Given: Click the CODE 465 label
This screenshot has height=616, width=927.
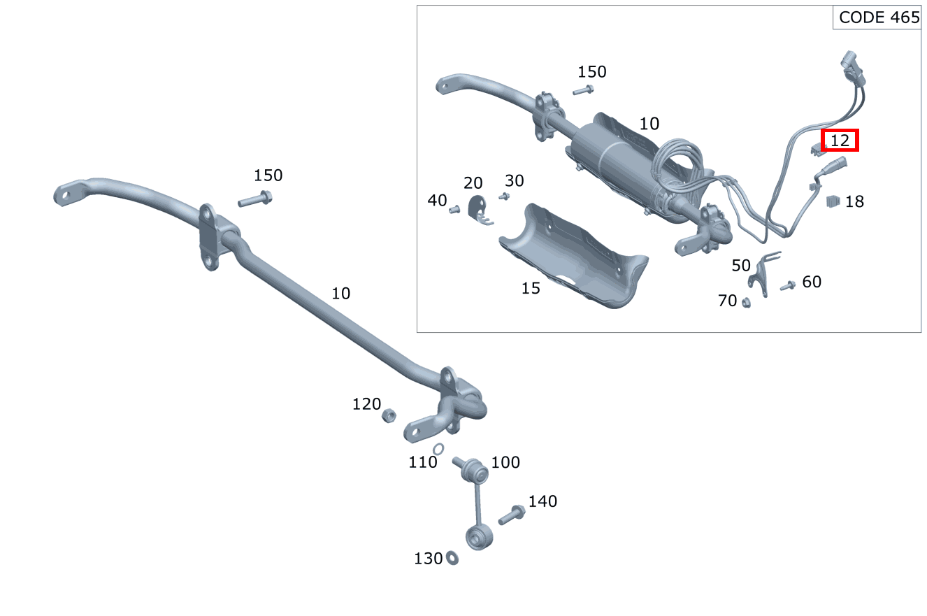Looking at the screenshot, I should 879,18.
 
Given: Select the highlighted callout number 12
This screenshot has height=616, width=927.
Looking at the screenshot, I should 840,141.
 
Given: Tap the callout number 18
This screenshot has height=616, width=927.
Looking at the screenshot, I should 854,202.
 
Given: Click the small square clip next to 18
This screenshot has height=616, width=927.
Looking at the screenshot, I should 832,201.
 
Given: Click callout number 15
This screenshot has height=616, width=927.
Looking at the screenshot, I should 531,288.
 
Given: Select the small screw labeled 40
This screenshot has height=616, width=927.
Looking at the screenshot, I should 454,208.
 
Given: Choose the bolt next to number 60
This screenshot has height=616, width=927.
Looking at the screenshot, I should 788,285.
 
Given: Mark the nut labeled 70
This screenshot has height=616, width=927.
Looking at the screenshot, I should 746,302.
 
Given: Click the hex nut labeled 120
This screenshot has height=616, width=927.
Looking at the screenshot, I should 388,416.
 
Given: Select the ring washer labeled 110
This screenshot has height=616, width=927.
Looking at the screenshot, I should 438,449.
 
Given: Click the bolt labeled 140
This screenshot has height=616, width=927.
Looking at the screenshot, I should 512,515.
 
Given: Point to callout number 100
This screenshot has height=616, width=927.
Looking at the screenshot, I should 505,463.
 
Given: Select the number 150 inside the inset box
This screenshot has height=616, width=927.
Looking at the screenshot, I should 591,72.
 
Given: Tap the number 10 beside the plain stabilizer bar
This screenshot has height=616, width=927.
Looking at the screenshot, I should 340,294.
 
